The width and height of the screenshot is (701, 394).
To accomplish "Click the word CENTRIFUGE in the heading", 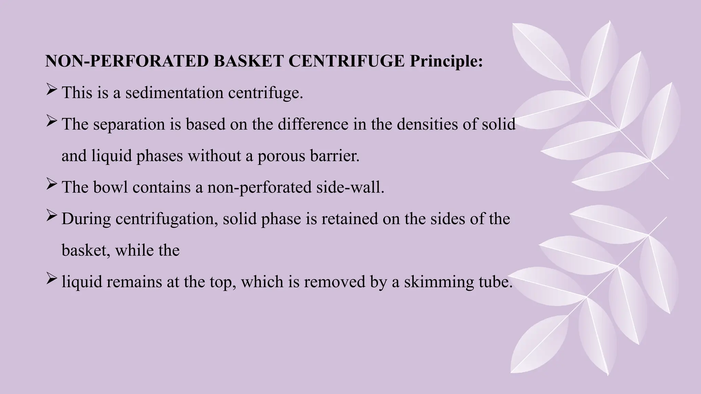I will (346, 61).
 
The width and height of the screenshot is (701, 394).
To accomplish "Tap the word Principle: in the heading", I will (446, 61).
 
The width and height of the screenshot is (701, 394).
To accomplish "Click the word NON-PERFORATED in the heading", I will (127, 61).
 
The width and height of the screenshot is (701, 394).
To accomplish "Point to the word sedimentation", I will (174, 93).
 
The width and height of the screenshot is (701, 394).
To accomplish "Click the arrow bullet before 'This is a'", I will (51, 90).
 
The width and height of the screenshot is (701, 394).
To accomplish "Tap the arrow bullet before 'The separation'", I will (51, 122).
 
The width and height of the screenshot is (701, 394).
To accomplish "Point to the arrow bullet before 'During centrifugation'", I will (51, 216).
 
